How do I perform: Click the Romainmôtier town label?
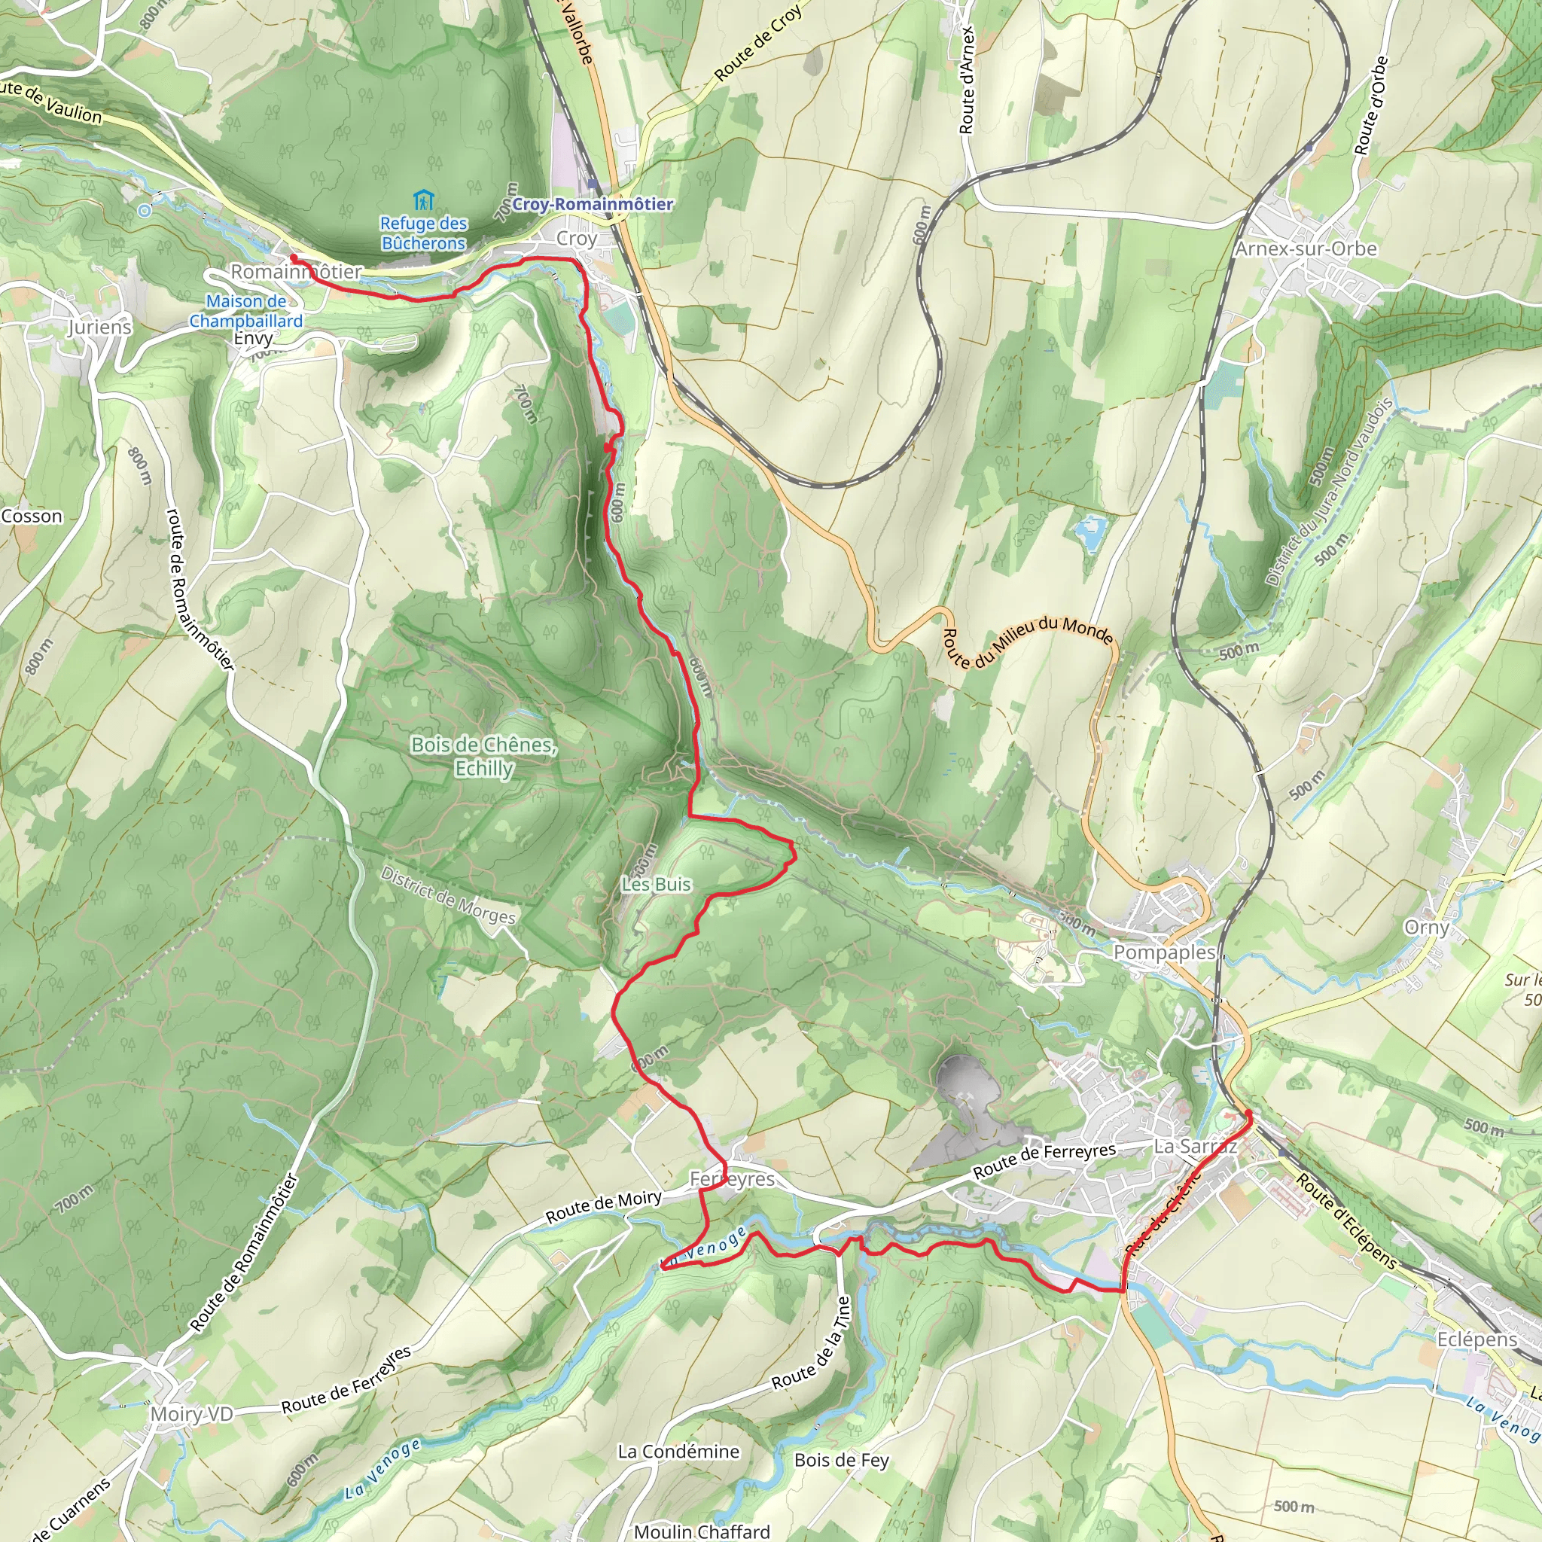coord(296,272)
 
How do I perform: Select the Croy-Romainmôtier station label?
coord(593,204)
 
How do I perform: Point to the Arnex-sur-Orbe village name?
coord(1306,249)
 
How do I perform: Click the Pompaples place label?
coord(1164,952)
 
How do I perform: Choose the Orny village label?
coord(1426,928)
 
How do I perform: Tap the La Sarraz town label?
coord(1195,1147)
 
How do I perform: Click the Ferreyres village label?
coord(732,1180)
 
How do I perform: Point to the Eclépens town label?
coord(1477,1340)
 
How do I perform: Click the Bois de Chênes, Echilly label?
coord(483,756)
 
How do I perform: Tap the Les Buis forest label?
coord(656,885)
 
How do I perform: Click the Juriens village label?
coord(100,328)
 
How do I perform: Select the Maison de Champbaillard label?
coord(245,311)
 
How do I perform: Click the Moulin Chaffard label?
coord(702,1531)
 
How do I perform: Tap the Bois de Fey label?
coord(841,1461)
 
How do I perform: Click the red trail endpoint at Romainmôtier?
coord(293,258)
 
